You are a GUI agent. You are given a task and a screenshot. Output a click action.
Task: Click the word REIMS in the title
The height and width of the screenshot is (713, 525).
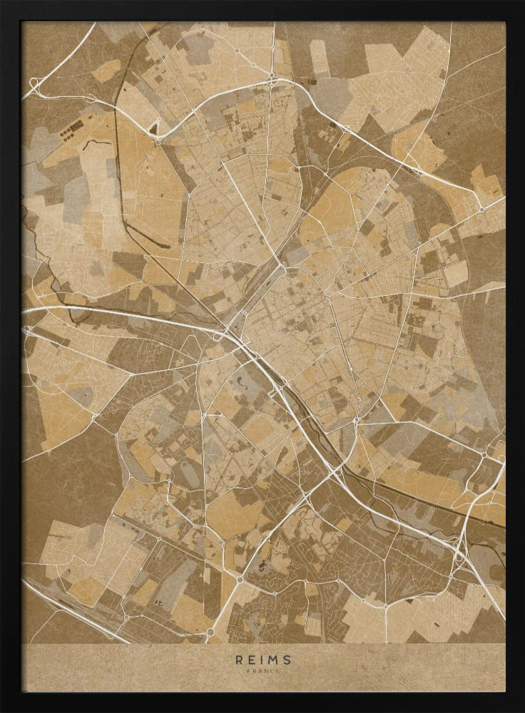[262, 660]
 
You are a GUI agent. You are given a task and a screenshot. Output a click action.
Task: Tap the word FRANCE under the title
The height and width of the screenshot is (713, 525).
[262, 671]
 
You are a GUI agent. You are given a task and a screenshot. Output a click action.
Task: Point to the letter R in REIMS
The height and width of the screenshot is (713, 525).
[239, 660]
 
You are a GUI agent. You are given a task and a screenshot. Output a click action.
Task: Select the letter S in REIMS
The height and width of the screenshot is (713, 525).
[287, 660]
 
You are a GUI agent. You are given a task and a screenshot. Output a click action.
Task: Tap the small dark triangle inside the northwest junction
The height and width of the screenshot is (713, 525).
[153, 129]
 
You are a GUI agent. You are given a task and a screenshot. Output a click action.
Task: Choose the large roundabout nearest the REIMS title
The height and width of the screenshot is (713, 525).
[210, 630]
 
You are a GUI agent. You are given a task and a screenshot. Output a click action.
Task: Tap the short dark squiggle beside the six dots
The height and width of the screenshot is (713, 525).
[96, 143]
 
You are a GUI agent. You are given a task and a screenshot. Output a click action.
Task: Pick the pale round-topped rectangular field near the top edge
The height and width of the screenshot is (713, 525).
[319, 57]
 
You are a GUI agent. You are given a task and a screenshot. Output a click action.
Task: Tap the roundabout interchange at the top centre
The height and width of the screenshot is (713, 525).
[272, 74]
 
